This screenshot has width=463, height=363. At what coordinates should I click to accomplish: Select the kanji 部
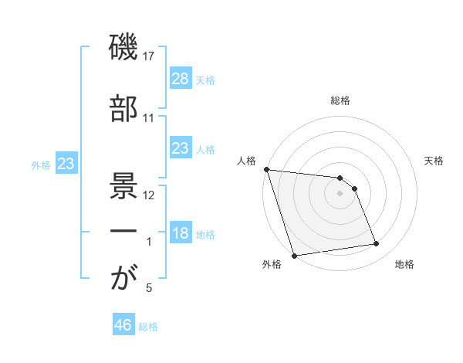pyautogui.click(x=123, y=109)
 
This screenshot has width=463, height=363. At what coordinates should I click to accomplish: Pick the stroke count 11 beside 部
pyautogui.click(x=149, y=117)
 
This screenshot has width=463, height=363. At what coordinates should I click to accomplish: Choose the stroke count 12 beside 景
pyautogui.click(x=149, y=195)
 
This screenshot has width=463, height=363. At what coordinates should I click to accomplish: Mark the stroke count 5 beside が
pyautogui.click(x=149, y=288)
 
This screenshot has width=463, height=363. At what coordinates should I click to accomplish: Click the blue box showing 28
pyautogui.click(x=180, y=79)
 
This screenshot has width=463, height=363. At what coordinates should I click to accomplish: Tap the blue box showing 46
pyautogui.click(x=123, y=325)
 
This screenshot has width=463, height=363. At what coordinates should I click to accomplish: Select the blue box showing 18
pyautogui.click(x=180, y=233)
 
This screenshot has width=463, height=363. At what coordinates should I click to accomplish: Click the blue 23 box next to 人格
pyautogui.click(x=180, y=148)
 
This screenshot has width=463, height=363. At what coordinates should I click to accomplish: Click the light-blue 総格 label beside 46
pyautogui.click(x=148, y=326)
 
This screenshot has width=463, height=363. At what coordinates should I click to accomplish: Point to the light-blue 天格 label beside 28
pyautogui.click(x=205, y=80)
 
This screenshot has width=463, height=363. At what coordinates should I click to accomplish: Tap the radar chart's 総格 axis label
pyautogui.click(x=340, y=100)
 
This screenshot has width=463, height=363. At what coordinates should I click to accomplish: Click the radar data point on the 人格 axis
pyautogui.click(x=266, y=169)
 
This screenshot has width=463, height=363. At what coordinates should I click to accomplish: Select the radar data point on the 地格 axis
pyautogui.click(x=377, y=244)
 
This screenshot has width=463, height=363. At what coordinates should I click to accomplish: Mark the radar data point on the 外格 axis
pyautogui.click(x=294, y=255)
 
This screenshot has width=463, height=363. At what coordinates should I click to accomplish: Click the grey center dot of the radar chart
pyautogui.click(x=340, y=193)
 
